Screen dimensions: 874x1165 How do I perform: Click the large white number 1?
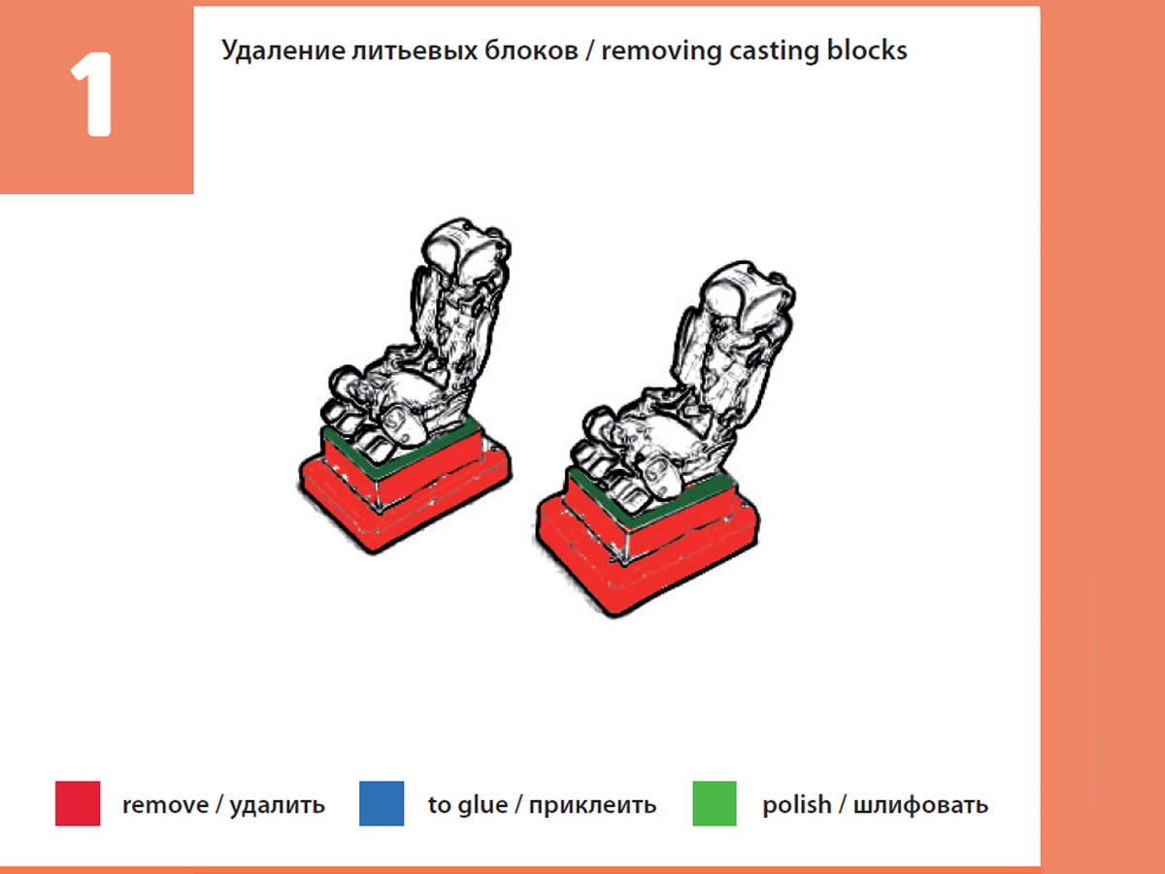coord(93,98)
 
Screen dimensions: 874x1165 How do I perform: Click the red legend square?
coord(78,804)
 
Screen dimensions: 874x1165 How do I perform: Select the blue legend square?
coord(382,804)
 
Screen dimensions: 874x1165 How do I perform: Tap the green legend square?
coord(715,804)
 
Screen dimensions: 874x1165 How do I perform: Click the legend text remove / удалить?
coord(223,805)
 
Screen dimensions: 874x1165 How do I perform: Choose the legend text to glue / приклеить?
coord(542,805)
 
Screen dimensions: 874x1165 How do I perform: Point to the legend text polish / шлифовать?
coord(875,805)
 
